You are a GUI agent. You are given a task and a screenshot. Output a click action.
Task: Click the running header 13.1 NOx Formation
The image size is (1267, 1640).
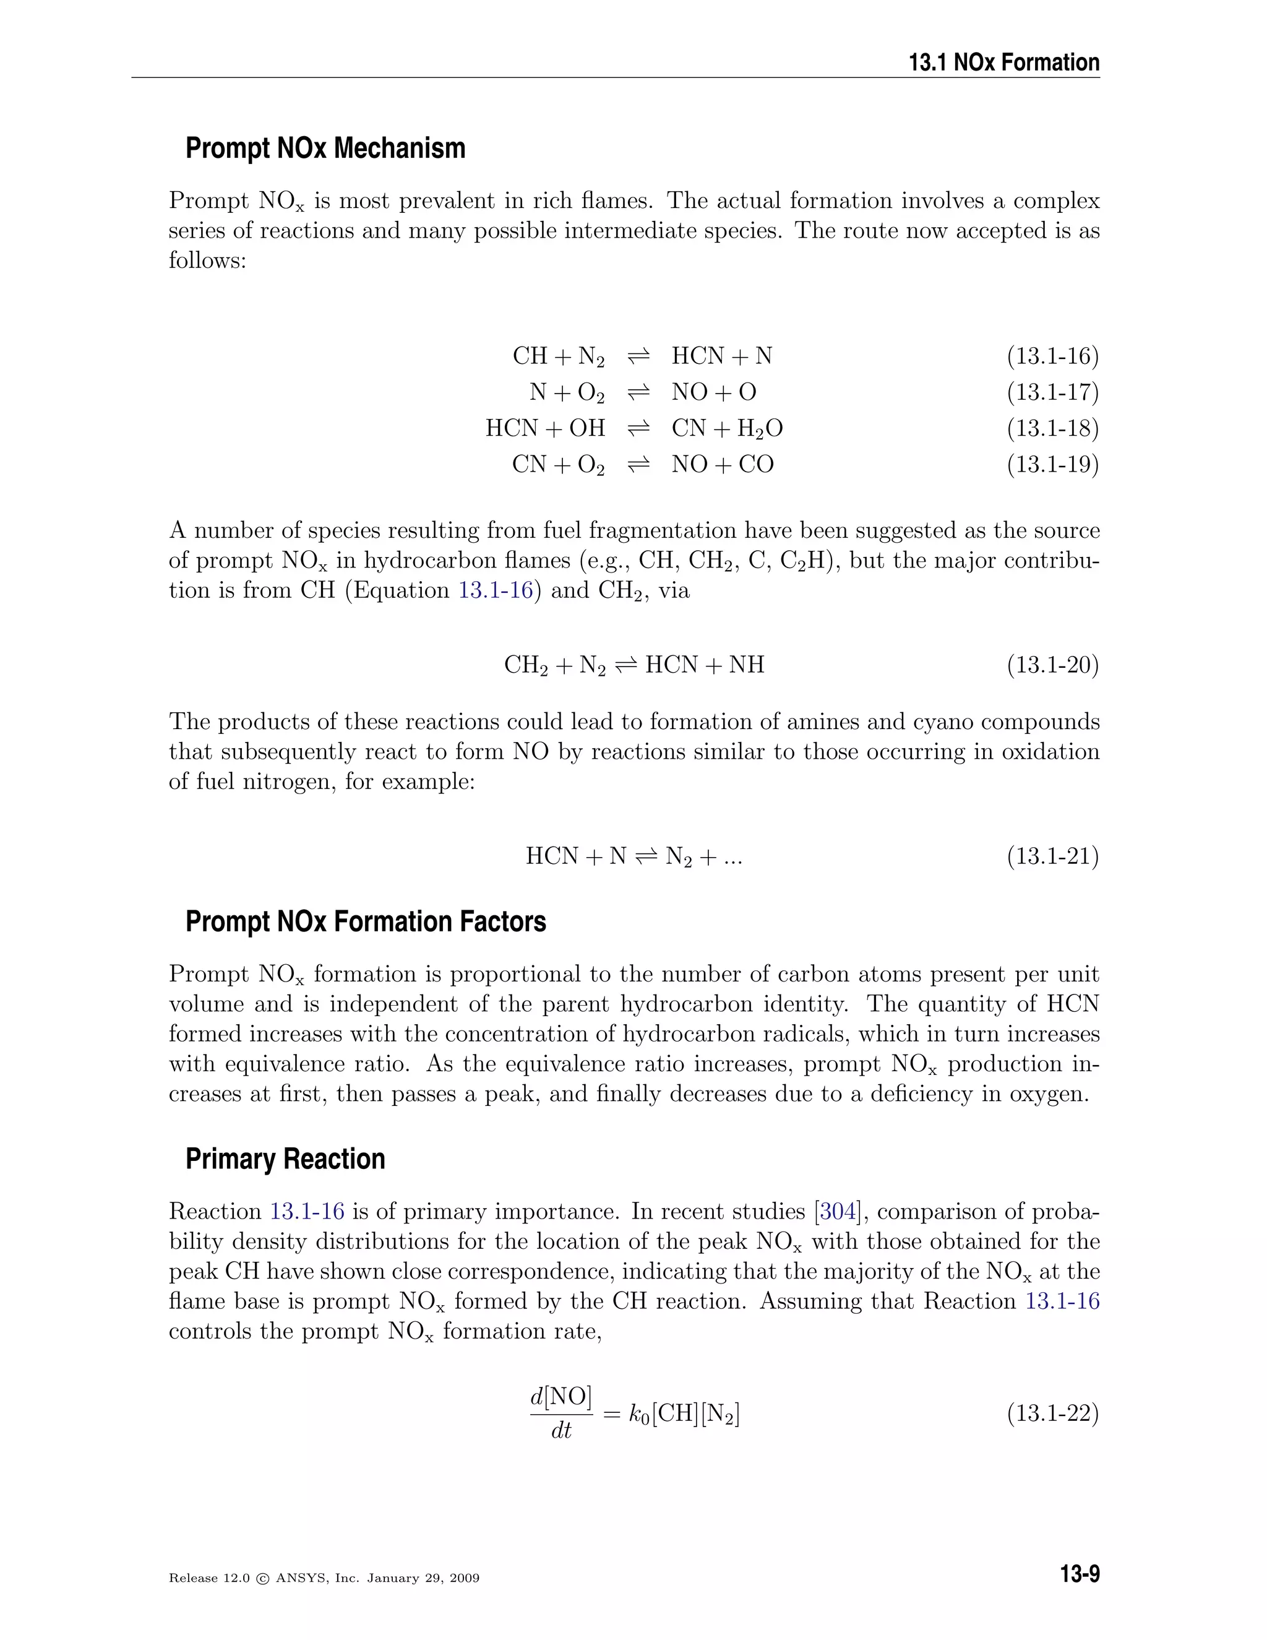tap(1003, 63)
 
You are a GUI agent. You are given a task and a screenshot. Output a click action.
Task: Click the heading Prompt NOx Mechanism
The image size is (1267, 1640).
tap(325, 148)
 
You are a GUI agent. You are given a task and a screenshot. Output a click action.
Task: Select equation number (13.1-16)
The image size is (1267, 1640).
tap(1052, 356)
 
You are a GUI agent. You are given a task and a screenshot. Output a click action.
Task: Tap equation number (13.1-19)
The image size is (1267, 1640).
tap(1052, 465)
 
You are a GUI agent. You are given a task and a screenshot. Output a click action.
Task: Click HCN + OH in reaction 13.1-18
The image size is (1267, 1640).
tap(545, 428)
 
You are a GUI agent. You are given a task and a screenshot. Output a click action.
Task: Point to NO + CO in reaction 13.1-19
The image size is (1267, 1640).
tap(722, 465)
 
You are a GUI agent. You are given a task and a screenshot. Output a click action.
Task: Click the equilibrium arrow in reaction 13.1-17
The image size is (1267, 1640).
tap(638, 393)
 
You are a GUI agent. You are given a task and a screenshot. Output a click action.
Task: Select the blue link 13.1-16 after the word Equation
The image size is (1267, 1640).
tap(496, 590)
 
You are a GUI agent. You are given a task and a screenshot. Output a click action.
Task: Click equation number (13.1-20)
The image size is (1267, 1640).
tap(1052, 665)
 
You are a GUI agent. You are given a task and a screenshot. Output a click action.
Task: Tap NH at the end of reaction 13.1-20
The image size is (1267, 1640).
tap(746, 665)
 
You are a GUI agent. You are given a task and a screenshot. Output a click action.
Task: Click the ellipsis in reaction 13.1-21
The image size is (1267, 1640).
tap(732, 857)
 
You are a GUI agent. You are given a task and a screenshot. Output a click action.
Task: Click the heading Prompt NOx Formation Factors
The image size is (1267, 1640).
tap(366, 921)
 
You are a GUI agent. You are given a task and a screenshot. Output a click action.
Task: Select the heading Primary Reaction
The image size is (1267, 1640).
tap(285, 1159)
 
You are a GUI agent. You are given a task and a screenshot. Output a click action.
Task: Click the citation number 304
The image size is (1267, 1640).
tap(838, 1212)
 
